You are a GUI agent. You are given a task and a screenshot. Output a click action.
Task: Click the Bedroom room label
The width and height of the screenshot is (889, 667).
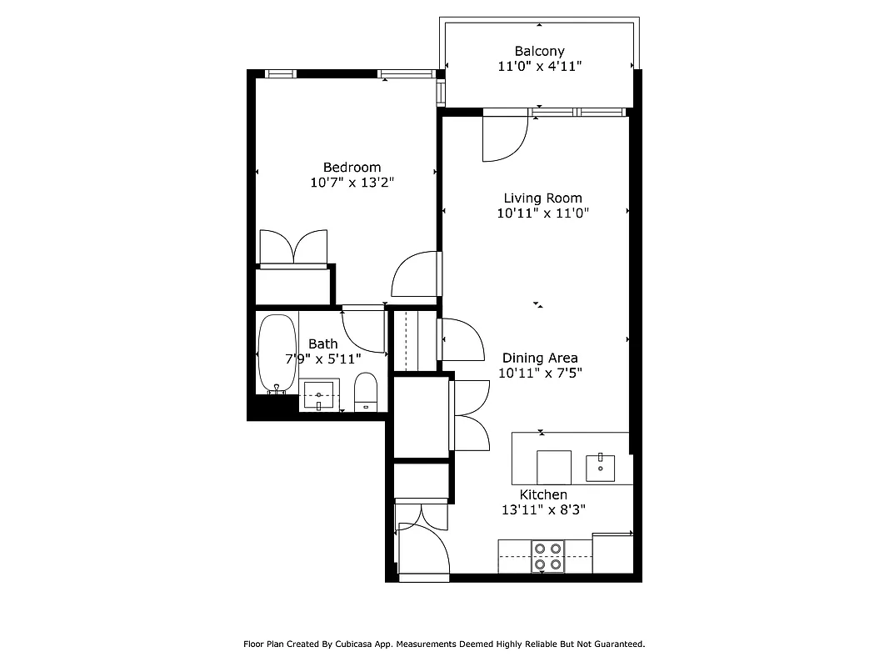[352, 168]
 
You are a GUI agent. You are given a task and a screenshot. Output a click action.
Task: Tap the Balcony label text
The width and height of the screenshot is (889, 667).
[539, 52]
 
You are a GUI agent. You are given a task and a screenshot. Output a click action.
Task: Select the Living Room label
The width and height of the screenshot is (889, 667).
[542, 198]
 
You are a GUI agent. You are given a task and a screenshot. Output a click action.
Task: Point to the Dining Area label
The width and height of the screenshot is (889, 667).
[540, 359]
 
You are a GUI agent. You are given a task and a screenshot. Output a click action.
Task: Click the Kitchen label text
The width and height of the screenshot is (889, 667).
[543, 495]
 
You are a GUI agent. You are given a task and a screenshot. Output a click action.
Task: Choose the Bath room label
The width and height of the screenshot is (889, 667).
[323, 344]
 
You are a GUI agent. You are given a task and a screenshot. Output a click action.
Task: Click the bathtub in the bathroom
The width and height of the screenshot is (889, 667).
[276, 353]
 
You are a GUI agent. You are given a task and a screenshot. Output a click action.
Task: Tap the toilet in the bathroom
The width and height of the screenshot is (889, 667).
[367, 392]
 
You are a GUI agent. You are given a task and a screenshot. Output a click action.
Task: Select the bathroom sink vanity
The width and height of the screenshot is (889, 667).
[319, 394]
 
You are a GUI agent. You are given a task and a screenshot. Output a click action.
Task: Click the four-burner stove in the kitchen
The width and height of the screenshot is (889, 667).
[547, 556]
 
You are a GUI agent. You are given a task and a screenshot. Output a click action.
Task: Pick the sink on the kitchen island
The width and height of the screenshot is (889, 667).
[601, 468]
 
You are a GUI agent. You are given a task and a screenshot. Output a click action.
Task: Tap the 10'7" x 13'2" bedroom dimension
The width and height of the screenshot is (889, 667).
[352, 183]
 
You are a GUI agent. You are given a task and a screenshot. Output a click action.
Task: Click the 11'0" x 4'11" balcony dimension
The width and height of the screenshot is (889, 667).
[539, 67]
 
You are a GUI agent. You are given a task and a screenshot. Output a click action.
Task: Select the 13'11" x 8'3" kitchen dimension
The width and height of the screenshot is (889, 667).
[543, 510]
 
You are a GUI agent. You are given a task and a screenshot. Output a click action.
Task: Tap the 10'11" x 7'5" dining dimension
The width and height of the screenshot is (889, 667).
[540, 374]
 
